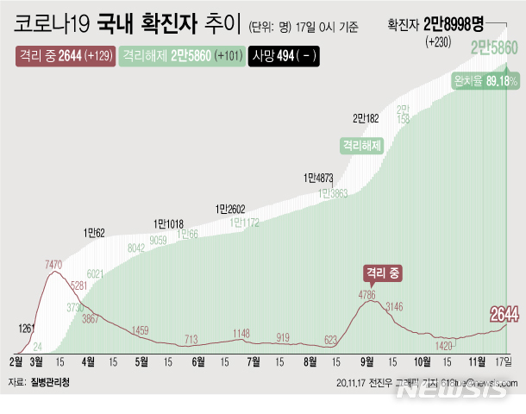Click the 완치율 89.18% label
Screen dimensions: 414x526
485,80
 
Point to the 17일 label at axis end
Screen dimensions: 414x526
504,360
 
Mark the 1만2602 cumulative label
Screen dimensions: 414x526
231,208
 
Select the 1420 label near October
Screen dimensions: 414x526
444,345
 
